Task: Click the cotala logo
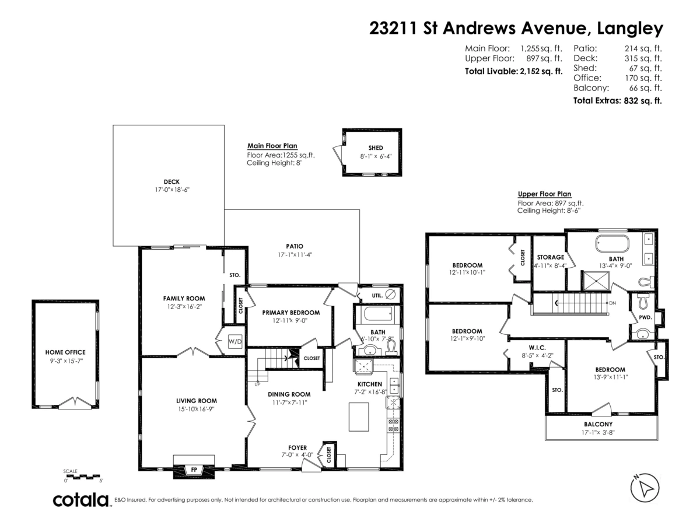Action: tap(81, 500)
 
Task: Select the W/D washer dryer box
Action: tap(235, 341)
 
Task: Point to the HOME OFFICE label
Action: tap(65, 352)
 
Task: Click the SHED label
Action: tap(375, 148)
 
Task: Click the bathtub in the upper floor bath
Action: tap(612, 243)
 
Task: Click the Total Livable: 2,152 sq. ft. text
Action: tap(513, 71)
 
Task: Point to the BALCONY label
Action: tap(598, 424)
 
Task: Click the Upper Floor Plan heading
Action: tap(544, 194)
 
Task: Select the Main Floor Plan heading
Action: tap(272, 146)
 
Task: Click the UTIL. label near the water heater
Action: tap(377, 296)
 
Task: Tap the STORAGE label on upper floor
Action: tap(550, 257)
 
